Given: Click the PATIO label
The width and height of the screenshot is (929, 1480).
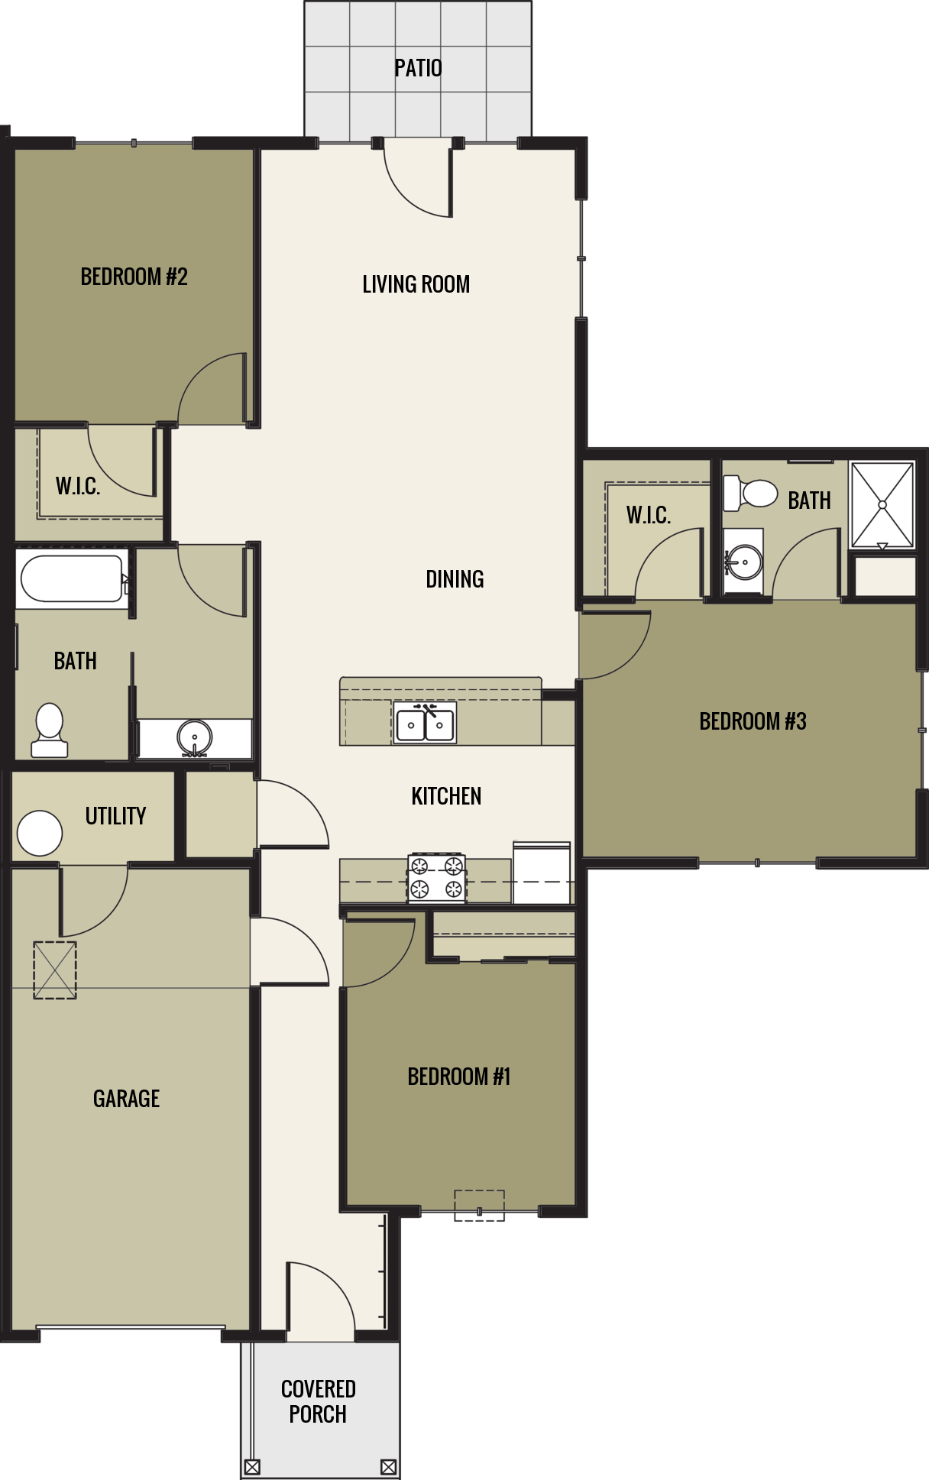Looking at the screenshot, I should click(418, 68).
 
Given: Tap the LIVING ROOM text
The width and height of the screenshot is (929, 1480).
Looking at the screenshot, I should click(416, 284).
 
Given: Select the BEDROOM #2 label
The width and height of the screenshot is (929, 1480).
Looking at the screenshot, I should click(134, 277).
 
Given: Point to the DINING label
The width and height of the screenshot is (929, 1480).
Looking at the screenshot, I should click(455, 579).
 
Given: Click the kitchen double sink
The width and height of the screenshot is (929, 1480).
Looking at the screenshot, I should click(425, 724).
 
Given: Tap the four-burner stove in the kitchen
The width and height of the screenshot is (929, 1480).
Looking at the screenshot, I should click(436, 877).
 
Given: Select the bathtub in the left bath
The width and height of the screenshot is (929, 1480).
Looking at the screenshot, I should click(71, 578).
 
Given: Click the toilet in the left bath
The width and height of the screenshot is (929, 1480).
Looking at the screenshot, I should click(50, 730).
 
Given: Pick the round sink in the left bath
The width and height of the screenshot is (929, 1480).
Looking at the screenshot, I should click(194, 737).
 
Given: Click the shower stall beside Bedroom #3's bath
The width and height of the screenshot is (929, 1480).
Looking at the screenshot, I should click(882, 504).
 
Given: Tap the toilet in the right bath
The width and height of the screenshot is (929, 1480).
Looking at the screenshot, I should click(749, 493).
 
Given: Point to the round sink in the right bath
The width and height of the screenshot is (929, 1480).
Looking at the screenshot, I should click(743, 563).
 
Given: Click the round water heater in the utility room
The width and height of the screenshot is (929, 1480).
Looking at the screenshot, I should click(40, 833).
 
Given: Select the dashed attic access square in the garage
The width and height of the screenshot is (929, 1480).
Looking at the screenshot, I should click(55, 970).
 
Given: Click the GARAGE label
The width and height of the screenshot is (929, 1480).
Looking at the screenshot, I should click(126, 1099).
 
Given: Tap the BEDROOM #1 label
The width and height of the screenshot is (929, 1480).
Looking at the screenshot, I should click(458, 1077).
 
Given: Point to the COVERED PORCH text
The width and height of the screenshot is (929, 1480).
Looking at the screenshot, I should click(318, 1401).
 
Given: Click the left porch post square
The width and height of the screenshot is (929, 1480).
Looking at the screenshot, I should click(252, 1467).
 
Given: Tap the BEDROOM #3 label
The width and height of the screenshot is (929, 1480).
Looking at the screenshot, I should click(753, 721).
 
